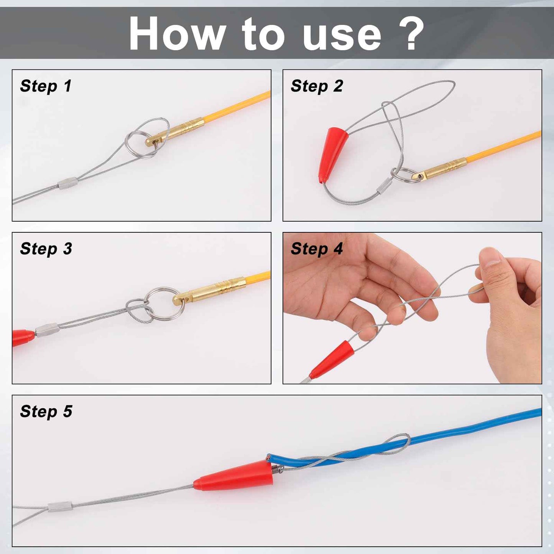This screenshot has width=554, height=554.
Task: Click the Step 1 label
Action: coord(46,86)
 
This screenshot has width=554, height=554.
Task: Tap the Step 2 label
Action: coord(317,86)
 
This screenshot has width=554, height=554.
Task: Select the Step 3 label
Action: coord(46,249)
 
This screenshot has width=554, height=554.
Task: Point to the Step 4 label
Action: coord(317,249)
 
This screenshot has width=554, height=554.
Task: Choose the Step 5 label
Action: coord(46,412)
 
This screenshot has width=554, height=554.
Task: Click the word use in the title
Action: coord(342,36)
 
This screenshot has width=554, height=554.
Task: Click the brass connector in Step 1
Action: coord(175,132)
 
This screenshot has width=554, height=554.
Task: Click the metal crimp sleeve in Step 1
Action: coord(68,183)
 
